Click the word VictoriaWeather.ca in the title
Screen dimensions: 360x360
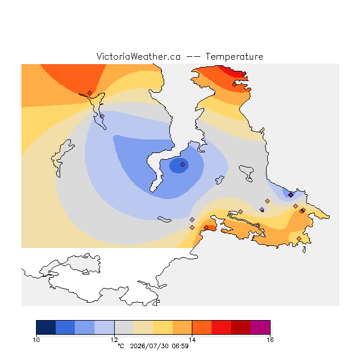coord(138,56)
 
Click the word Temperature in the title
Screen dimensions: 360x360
coord(234,56)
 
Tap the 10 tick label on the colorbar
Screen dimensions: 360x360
coord(36,340)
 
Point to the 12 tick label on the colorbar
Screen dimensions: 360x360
coord(114,340)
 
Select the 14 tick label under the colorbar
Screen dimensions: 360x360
coord(192,340)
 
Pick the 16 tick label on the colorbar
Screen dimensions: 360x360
coord(270,340)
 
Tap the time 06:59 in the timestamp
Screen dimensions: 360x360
coord(180,346)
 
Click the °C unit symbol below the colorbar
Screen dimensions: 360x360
coord(121,346)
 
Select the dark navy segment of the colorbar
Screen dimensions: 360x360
coord(46,327)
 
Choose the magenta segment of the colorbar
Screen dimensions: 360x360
coord(260,327)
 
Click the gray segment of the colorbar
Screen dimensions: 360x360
coord(124,327)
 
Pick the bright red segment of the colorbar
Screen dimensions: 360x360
coord(221,327)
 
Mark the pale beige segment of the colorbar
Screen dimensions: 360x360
coord(143,327)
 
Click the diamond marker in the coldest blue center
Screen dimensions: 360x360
coord(182,164)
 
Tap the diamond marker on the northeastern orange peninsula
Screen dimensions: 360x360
coord(234,85)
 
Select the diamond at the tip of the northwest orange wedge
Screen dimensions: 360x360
coord(90,93)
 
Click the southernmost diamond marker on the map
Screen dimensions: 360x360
coord(299,238)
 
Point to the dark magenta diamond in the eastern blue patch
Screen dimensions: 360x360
coord(291,195)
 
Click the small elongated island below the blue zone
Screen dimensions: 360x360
coord(164,219)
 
